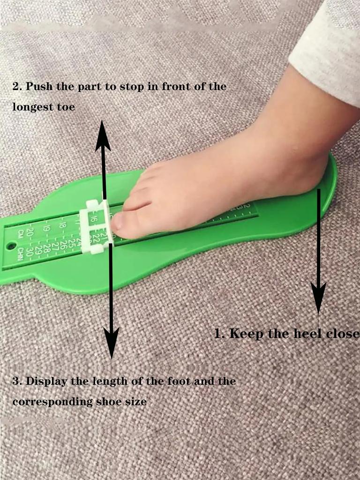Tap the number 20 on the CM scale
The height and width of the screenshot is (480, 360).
point(30,231)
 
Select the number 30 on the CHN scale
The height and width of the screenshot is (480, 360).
point(30,251)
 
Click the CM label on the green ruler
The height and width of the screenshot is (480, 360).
point(20,233)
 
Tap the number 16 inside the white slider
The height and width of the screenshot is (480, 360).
point(94,218)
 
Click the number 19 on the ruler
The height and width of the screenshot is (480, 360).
point(45,228)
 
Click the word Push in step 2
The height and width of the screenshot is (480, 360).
point(38,87)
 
